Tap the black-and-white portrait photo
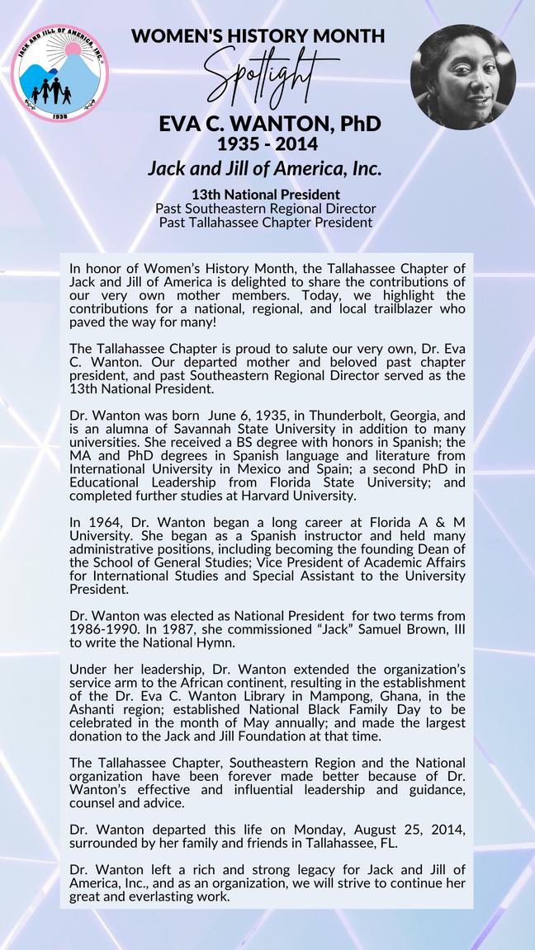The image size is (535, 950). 462,77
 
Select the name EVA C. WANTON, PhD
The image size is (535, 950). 269,125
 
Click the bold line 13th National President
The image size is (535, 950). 265,195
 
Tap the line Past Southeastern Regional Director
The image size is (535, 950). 265,209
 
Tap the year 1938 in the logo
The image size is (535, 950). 59,116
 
